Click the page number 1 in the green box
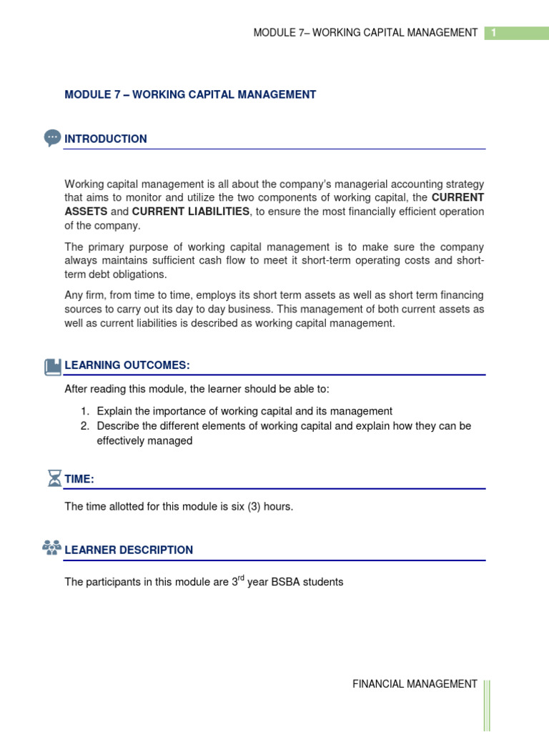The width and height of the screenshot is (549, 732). [x=493, y=33]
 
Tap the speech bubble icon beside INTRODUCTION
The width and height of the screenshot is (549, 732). [x=52, y=138]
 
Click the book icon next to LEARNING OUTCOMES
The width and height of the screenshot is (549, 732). [x=53, y=367]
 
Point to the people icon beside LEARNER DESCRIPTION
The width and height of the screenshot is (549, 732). [x=52, y=549]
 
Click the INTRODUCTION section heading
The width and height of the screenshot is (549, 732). [x=106, y=139]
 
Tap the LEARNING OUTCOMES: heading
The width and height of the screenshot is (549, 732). [x=127, y=366]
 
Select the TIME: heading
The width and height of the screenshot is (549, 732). [x=79, y=480]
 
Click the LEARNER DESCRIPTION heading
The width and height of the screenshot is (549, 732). [x=129, y=550]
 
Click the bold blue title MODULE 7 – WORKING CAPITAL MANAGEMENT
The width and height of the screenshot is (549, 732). [x=190, y=94]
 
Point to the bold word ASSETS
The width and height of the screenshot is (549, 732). [x=86, y=212]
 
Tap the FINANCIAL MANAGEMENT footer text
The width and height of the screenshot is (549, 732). [x=415, y=684]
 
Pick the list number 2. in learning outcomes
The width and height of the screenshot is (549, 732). [x=84, y=426]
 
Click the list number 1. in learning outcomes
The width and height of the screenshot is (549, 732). [x=84, y=411]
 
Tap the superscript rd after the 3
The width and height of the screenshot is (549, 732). [x=241, y=578]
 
